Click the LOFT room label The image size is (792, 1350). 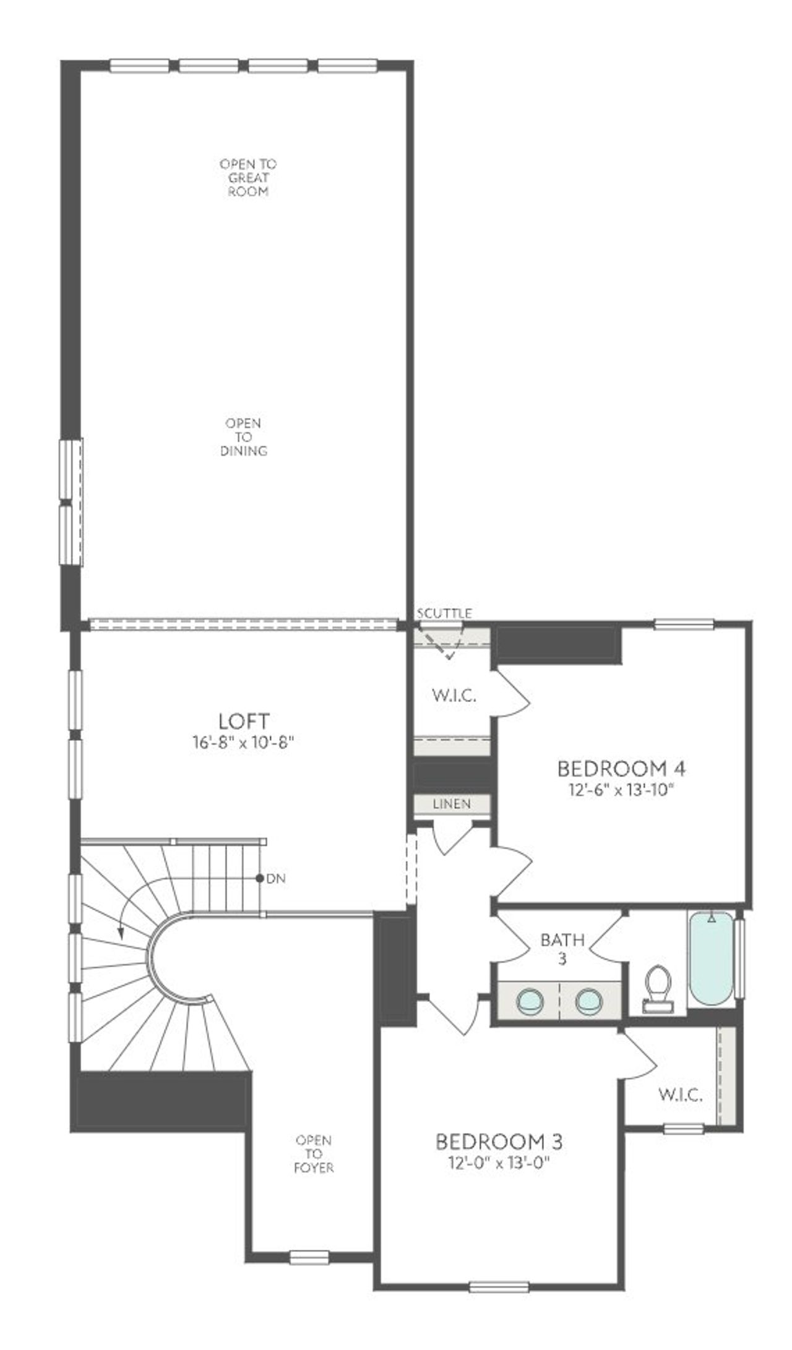244,721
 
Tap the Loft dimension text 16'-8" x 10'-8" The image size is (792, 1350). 244,743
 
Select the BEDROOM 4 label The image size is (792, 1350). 621,769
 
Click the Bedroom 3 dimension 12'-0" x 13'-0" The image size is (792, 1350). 499,1163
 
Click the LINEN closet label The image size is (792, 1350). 452,804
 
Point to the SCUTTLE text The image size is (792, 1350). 444,613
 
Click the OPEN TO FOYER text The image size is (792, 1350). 314,1154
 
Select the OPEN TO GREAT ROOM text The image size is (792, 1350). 248,177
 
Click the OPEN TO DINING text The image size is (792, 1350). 244,437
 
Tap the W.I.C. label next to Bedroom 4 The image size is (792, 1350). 454,696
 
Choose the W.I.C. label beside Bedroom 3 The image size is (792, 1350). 680,1095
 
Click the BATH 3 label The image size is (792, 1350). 562,949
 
